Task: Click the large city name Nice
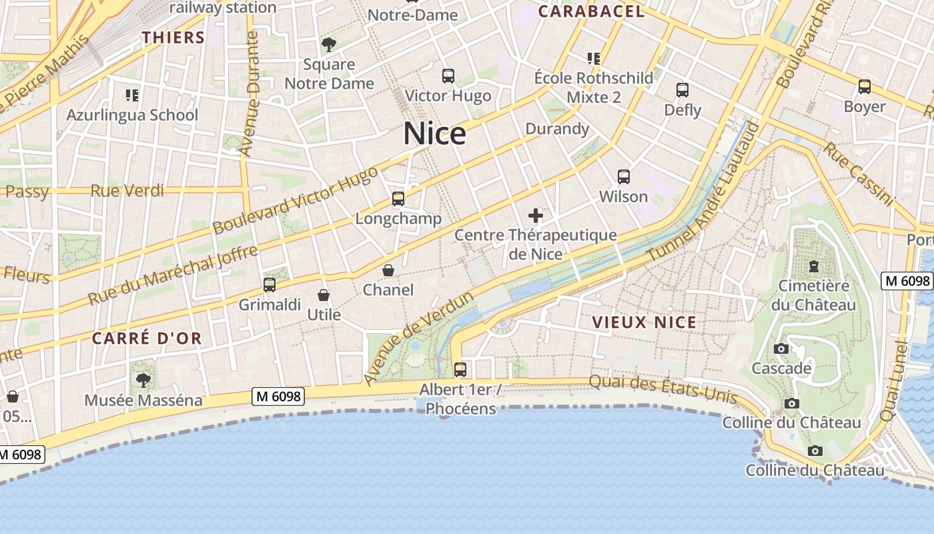434,134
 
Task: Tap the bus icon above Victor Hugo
448,76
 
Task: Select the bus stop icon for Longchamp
398,199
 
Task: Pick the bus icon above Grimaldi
270,285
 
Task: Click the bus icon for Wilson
624,177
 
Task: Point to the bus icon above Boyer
865,87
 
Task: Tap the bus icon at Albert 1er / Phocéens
460,369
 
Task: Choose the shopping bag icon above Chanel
388,270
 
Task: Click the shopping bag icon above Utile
324,295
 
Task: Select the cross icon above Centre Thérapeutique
536,216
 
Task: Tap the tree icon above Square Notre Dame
328,45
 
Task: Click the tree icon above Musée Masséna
143,380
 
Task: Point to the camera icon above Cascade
781,349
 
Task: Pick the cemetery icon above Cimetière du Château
813,266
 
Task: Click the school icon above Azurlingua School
132,95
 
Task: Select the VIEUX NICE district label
644,322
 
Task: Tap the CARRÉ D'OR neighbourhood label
147,338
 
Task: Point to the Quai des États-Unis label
663,390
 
